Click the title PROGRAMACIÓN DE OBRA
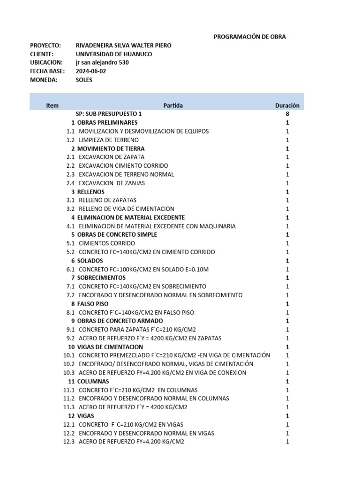249,37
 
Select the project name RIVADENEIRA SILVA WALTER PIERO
123,45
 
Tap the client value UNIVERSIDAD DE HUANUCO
113,54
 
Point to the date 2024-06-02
91,71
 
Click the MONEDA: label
44,80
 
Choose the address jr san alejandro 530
102,62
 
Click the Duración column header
287,105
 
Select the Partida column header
173,105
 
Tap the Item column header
52,105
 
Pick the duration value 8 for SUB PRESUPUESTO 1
287,114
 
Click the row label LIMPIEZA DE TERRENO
109,140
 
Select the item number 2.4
70,183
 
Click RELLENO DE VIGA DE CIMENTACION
127,209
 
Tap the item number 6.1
70,269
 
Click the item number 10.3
69,373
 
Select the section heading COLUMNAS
93,382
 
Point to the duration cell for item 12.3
287,442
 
